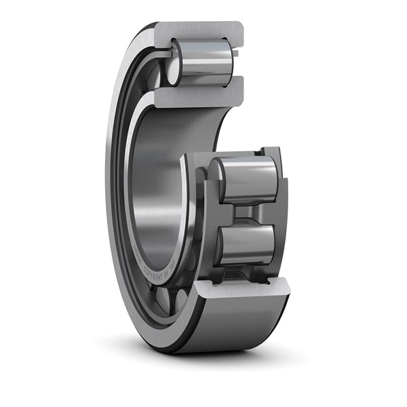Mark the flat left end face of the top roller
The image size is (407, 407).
(x=174, y=63)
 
